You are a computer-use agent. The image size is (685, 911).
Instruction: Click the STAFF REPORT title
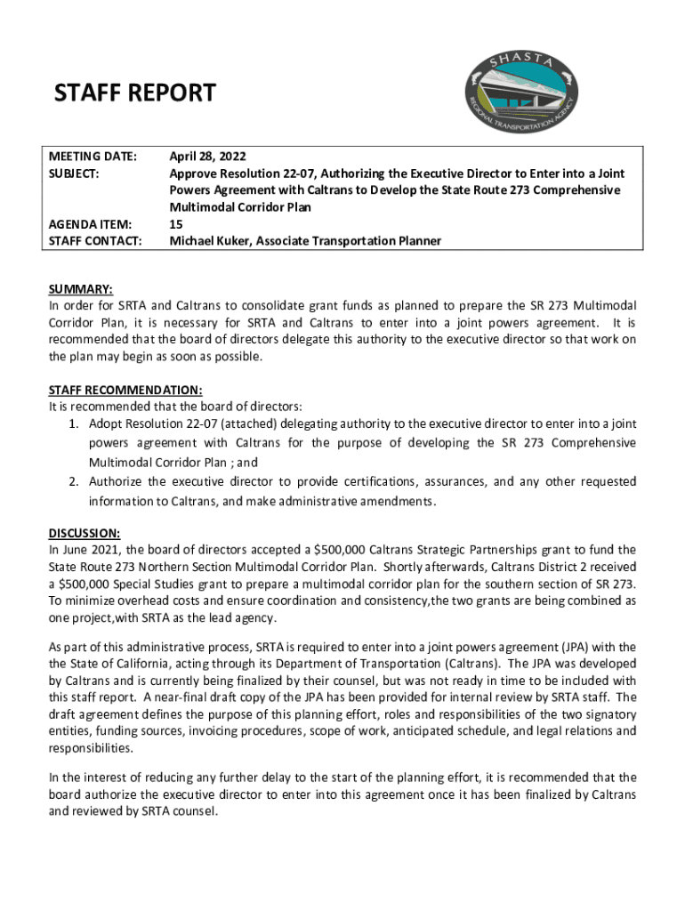tap(135, 93)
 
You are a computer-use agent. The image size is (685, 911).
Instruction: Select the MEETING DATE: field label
tap(93, 157)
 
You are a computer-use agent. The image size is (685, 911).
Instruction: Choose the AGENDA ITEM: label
tap(89, 224)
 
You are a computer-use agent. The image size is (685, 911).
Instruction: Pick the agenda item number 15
tap(176, 224)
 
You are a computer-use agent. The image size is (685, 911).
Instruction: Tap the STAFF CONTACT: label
tap(94, 241)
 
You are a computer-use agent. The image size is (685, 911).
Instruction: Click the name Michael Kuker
tap(212, 241)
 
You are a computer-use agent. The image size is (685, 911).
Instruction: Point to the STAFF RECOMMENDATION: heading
tap(125, 390)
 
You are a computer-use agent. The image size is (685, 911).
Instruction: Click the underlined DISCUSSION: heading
tap(85, 533)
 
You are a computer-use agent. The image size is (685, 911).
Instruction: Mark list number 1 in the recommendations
tap(75, 423)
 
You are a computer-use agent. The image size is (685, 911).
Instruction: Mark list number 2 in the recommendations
tap(75, 481)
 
